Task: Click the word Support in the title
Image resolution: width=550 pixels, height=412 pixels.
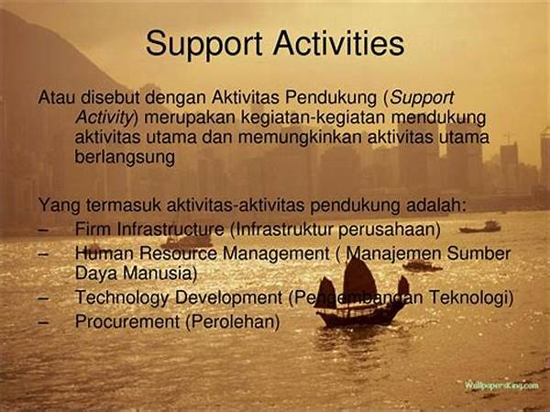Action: [204, 44]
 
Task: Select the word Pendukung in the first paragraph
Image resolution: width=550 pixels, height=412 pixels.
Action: [330, 97]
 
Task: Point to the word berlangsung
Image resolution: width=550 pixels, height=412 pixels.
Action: [125, 158]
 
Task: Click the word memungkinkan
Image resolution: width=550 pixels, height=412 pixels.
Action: [300, 137]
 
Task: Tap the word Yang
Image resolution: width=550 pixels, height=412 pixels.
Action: [60, 206]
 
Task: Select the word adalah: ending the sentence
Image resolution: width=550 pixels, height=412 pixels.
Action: [436, 205]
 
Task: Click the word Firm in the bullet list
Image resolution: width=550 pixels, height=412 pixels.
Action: [93, 229]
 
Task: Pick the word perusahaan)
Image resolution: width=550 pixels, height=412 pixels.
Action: [390, 230]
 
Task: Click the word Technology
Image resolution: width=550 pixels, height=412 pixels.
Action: [122, 298]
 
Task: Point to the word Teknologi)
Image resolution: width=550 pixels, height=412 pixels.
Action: [471, 297]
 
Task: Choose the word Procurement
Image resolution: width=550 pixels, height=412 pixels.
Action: [127, 321]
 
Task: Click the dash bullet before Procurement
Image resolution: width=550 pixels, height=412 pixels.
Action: [43, 322]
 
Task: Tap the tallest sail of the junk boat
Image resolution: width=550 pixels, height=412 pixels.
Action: [359, 278]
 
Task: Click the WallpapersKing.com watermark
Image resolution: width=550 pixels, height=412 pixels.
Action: [501, 385]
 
